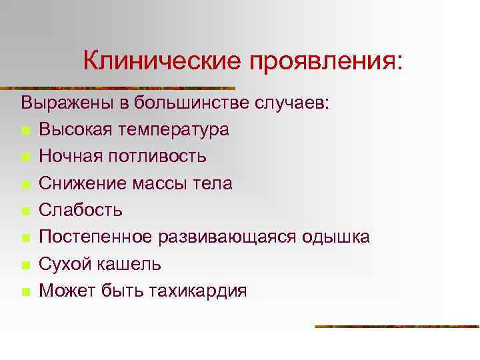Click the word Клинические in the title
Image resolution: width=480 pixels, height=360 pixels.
pyautogui.click(x=163, y=62)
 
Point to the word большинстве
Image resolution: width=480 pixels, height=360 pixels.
pyautogui.click(x=192, y=103)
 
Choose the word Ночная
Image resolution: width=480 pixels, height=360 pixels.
pyautogui.click(x=65, y=157)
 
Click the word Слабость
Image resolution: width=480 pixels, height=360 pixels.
pyautogui.click(x=81, y=210)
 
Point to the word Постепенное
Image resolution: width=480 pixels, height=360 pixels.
pyautogui.click(x=96, y=237)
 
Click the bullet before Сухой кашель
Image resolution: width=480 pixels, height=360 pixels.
pyautogui.click(x=25, y=265)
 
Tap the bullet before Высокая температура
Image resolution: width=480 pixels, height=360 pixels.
pyautogui.click(x=25, y=131)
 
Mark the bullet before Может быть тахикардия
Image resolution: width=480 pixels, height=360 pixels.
pyautogui.click(x=25, y=292)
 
